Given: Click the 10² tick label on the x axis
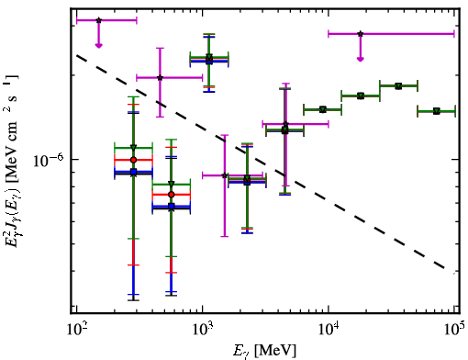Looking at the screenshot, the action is tap(76, 330).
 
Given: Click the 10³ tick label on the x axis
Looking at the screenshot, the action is tap(203, 330).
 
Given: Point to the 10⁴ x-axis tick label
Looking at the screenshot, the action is tap(329, 330).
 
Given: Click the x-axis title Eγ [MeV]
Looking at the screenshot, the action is tap(264, 351).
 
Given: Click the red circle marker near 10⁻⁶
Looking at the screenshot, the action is tap(133, 160).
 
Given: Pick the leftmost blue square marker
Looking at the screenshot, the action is tap(133, 172).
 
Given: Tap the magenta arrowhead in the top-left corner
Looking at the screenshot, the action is tap(98, 45).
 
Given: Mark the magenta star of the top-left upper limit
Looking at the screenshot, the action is tap(98, 20).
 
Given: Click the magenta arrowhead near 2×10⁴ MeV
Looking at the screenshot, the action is tap(361, 59).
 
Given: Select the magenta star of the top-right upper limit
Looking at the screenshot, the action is tap(361, 34).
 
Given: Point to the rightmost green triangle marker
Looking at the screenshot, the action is tap(437, 111).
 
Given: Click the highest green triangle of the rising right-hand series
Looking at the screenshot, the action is tap(398, 86).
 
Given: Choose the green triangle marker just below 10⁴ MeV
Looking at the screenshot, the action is tap(322, 109).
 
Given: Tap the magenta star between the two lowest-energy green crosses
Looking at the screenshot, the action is tap(160, 78).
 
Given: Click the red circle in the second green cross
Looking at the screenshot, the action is tap(172, 195).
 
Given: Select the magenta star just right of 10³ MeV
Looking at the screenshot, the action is tap(225, 175).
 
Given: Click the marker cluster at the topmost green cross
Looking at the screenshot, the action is tap(209, 59).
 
